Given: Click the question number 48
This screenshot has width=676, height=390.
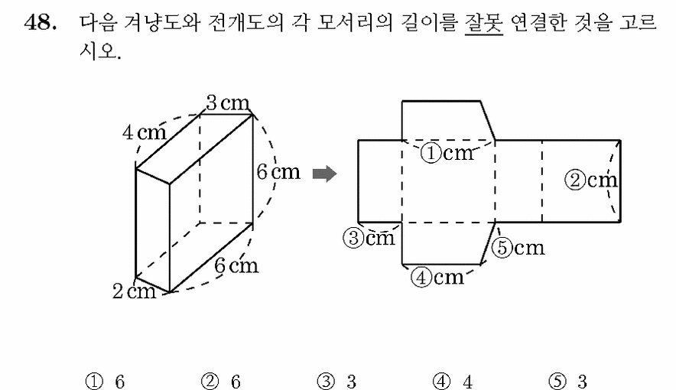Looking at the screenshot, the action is tap(41, 22).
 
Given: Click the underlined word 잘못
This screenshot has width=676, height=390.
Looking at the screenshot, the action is tap(484, 22).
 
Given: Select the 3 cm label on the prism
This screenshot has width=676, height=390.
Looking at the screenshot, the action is tap(228, 103).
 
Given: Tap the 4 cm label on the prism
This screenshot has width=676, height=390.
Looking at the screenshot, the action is tap(144, 132).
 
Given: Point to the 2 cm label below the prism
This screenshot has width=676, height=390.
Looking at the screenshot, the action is tap(134, 291).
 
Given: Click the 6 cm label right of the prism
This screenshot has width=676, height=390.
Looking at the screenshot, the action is tap(278, 172).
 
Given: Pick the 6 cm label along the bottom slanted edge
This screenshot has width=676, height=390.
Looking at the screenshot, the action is tap(236, 265).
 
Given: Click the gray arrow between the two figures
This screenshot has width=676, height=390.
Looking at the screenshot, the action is tap(324, 174).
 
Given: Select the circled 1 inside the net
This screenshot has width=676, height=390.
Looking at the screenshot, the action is tap(431, 153).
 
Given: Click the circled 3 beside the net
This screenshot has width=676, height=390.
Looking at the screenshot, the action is tap(353, 238).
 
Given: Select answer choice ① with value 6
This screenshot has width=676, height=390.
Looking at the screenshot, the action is tap(106, 382).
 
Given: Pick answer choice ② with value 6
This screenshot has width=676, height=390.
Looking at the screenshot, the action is tap(221, 382).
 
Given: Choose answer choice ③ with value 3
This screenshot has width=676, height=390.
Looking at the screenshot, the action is tap(336, 382).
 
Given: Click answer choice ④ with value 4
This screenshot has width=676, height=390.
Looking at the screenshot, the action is tap(453, 382).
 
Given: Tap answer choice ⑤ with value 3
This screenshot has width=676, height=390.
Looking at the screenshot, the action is tap(567, 382).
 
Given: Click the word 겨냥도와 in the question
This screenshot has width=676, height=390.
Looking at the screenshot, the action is tap(161, 22).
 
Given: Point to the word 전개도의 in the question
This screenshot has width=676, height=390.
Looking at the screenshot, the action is tap(245, 22).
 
